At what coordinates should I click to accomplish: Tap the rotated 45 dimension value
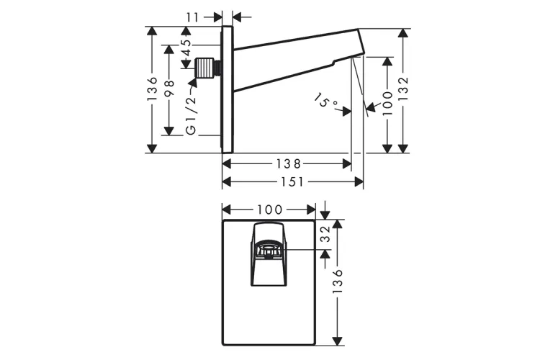[x=186, y=48]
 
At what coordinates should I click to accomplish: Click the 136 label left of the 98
[x=152, y=89]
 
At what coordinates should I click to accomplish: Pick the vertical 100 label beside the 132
[x=387, y=102]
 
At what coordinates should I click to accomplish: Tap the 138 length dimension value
[x=287, y=164]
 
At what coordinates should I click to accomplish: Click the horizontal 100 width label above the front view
[x=269, y=210]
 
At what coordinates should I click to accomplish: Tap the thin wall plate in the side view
[x=227, y=90]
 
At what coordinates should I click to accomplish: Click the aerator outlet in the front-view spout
[x=268, y=250]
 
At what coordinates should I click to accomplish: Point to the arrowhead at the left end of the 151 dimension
[x=227, y=182]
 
